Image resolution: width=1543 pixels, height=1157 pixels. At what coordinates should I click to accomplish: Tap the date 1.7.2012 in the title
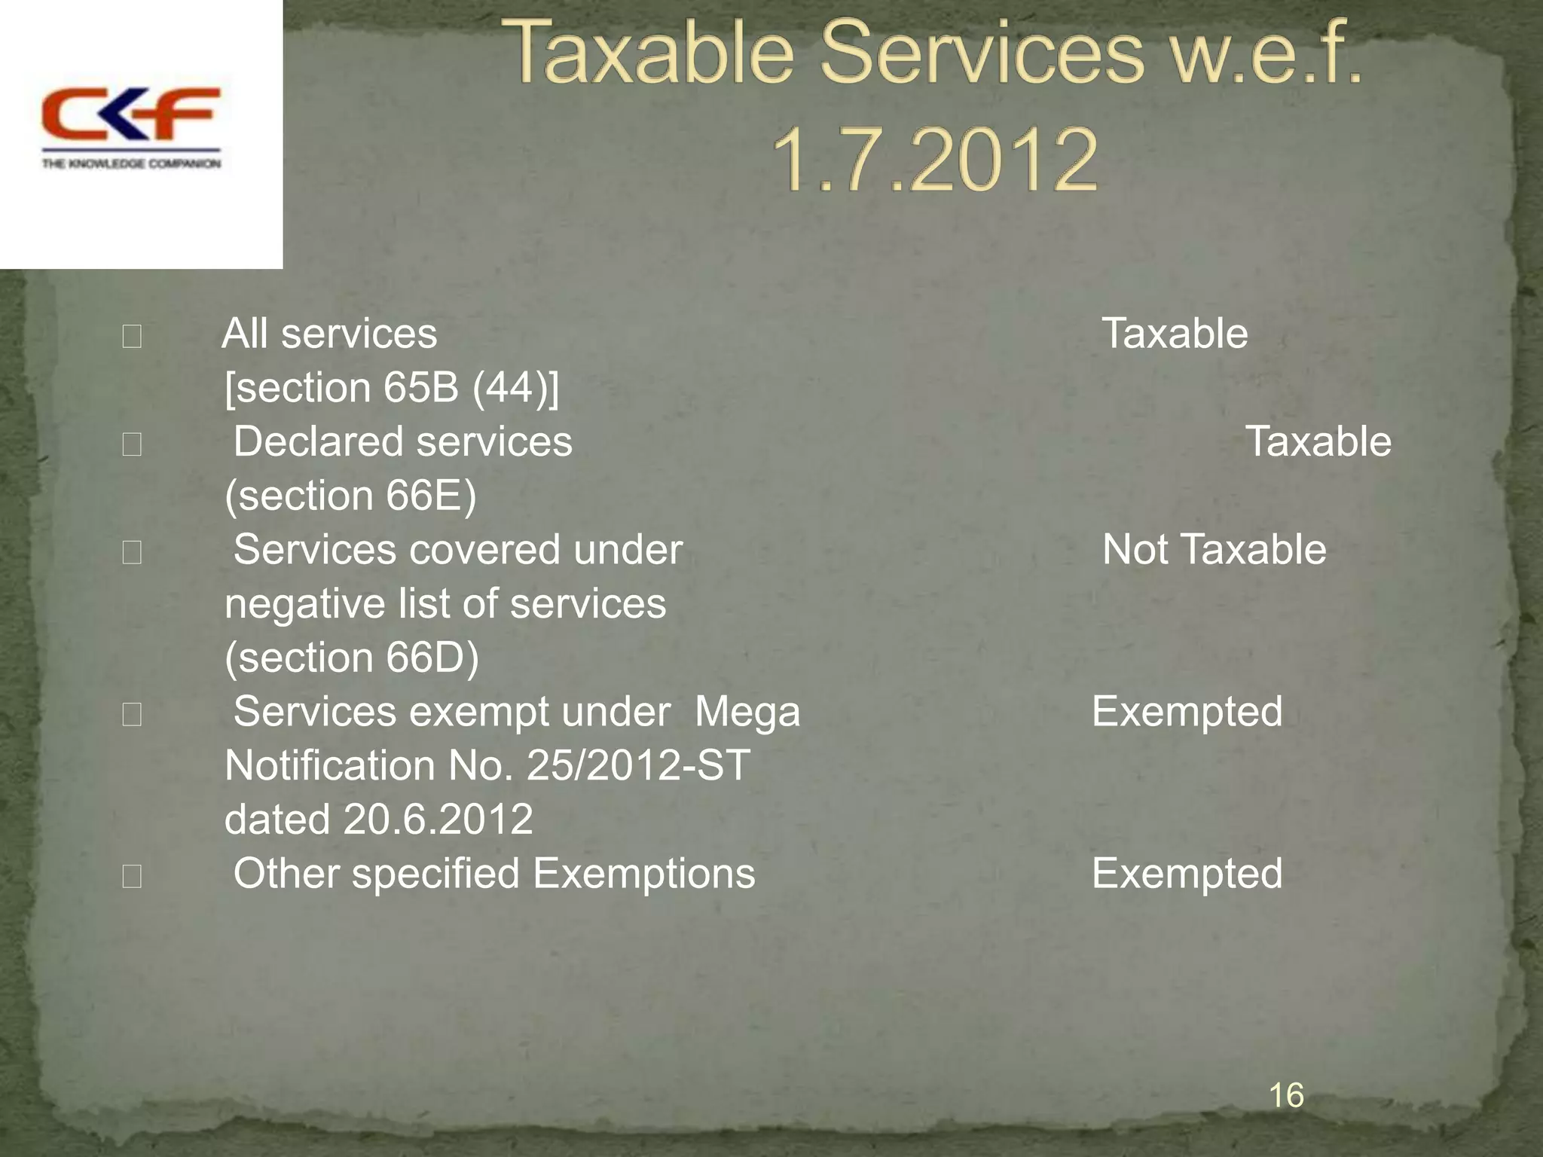(x=935, y=160)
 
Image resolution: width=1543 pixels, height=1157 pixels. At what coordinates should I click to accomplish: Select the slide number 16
(x=1286, y=1094)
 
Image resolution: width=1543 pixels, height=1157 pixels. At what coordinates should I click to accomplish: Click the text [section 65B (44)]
(x=392, y=388)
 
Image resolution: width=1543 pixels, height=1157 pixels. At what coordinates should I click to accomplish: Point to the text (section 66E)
(x=351, y=496)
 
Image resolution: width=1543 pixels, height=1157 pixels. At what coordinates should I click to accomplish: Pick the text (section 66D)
(x=352, y=658)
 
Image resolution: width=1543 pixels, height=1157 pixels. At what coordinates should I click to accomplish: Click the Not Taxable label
(x=1214, y=549)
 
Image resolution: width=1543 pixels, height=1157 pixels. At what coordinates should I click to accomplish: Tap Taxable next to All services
(x=1175, y=334)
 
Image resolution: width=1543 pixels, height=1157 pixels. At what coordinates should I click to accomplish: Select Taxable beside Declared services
(x=1318, y=441)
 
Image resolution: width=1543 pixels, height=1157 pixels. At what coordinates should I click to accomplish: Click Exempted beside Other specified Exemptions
(x=1187, y=874)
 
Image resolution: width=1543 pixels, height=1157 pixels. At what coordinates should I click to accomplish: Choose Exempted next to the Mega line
(x=1187, y=712)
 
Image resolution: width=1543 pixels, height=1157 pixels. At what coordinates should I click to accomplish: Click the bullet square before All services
(x=132, y=336)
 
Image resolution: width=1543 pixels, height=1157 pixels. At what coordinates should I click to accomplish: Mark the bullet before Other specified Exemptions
(x=132, y=876)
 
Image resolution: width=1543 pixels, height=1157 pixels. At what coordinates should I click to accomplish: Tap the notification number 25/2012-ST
(x=638, y=766)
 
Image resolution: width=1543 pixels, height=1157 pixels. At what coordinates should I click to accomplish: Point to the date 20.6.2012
(x=438, y=820)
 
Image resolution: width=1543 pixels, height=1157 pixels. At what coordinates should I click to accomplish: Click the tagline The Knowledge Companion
(x=131, y=163)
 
